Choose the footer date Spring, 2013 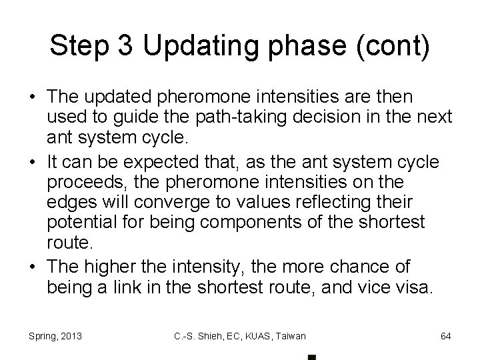tap(55, 336)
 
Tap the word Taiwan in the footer tap(289, 336)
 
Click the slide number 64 tap(445, 336)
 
